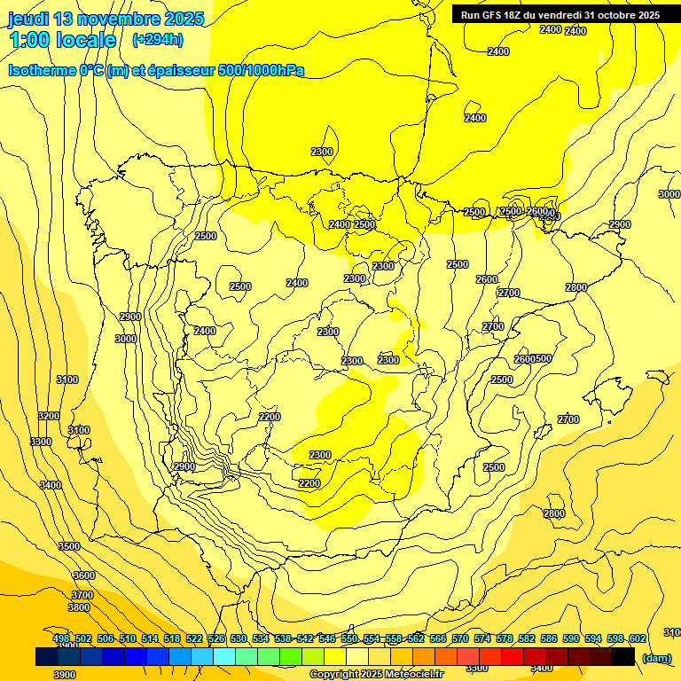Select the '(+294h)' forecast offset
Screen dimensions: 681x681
click(x=158, y=39)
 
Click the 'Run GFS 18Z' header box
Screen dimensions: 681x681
click(x=560, y=15)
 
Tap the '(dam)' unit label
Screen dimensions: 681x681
click(x=656, y=657)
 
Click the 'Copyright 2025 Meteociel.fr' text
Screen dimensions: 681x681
click(x=376, y=675)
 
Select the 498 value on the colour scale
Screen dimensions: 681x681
click(x=61, y=638)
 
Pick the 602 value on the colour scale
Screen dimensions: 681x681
click(x=638, y=638)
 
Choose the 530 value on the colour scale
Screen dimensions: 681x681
click(x=239, y=638)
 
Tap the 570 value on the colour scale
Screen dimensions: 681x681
click(x=460, y=638)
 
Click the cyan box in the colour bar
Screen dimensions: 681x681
click(x=224, y=656)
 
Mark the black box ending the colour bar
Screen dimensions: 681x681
click(x=623, y=656)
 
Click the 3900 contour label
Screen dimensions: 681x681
click(x=64, y=675)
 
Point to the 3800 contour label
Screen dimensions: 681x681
click(x=79, y=607)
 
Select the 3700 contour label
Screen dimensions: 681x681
click(x=82, y=595)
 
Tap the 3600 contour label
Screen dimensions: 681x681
click(x=83, y=575)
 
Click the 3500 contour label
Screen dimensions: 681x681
click(x=69, y=546)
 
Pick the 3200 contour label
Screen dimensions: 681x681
click(x=49, y=416)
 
